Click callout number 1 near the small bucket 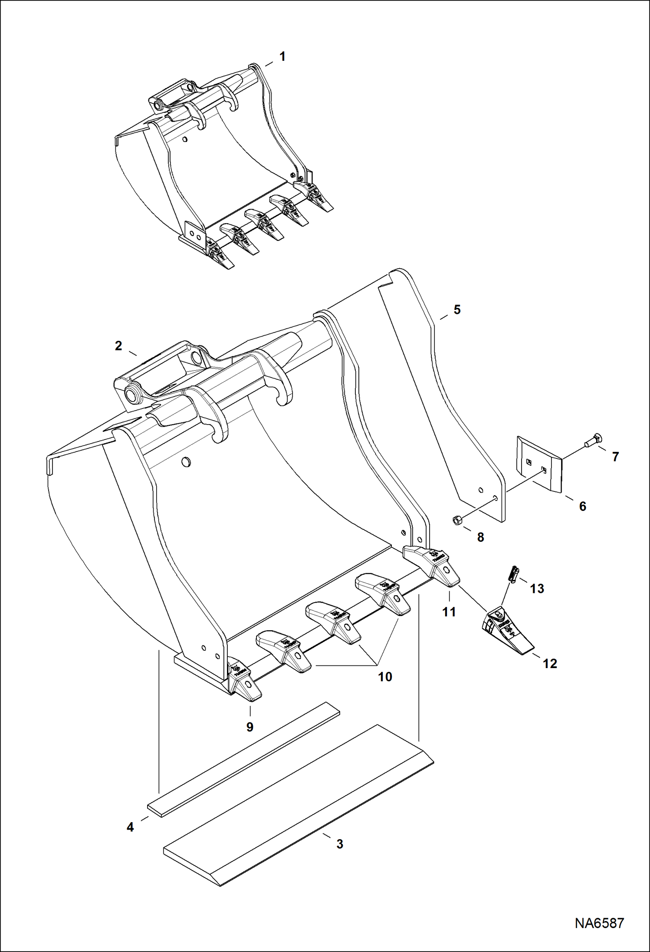(282, 56)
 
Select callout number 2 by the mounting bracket (118, 346)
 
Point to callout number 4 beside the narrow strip (130, 827)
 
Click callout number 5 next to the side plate (457, 310)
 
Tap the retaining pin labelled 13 (513, 575)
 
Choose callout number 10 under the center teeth (385, 676)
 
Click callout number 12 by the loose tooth (550, 663)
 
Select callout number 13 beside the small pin (537, 589)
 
